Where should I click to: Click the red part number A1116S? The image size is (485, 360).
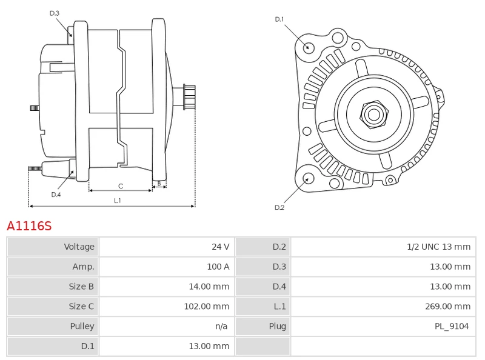point(29,226)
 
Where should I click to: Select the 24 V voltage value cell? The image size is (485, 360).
point(220,247)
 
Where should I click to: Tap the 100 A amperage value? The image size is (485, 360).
point(218,267)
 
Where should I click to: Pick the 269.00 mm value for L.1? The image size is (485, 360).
point(447,307)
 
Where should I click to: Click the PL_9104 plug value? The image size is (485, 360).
point(451,327)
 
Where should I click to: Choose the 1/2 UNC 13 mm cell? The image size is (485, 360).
point(438,247)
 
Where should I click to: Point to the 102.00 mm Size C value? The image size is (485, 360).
point(206,307)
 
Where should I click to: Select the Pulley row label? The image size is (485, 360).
point(82,327)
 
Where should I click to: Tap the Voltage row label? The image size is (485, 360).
point(79,247)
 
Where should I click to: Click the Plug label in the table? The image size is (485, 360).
point(277,327)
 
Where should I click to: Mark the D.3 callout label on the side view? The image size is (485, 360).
point(55,13)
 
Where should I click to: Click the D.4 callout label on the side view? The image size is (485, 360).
point(56,195)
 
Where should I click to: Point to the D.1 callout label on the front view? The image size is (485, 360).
point(279,19)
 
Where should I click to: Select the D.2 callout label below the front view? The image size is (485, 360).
point(279,207)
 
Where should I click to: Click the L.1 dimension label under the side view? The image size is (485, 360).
point(118,200)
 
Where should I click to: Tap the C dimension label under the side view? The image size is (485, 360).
point(121,186)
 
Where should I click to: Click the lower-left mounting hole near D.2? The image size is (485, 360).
point(308,178)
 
